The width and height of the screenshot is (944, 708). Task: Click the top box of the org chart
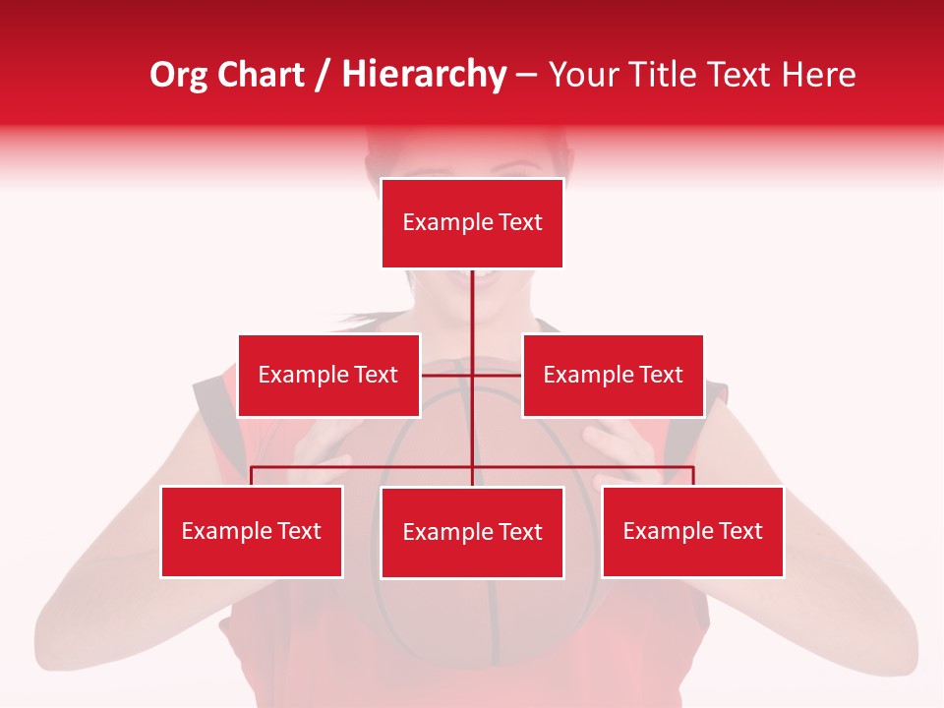(472, 223)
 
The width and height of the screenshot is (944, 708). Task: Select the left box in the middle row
(328, 375)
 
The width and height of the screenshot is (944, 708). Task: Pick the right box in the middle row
(613, 375)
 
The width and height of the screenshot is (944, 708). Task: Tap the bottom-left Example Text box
(252, 531)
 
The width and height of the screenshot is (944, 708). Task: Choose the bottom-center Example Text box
(472, 532)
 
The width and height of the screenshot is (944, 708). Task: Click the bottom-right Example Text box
(692, 531)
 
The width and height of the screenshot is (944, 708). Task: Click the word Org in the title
(177, 75)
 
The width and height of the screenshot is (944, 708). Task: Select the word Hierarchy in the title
(423, 76)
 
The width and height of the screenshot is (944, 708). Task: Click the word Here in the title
(818, 75)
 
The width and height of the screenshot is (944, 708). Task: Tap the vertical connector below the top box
(472, 305)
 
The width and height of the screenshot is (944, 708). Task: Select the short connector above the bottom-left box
(252, 476)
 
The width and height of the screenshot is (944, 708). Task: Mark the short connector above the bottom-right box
(693, 476)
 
